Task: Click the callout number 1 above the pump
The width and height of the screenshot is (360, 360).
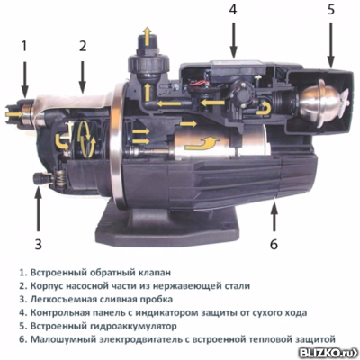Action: tap(24, 46)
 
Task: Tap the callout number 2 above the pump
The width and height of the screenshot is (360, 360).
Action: tap(83, 46)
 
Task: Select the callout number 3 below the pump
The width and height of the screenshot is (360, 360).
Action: tap(38, 244)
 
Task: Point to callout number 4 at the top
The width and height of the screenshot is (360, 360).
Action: tap(233, 9)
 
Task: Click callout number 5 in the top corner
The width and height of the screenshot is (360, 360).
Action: tap(330, 9)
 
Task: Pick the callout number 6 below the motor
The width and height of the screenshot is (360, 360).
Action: tap(274, 244)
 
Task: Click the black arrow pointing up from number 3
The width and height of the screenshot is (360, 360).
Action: tap(38, 209)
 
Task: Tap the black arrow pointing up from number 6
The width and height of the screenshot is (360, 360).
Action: tap(274, 217)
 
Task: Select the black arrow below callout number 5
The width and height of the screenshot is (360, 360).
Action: tap(330, 45)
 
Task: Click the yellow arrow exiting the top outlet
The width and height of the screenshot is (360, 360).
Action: tap(147, 36)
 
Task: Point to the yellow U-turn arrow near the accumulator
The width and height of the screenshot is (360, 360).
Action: tap(265, 108)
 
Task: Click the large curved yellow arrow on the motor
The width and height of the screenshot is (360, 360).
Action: tap(201, 143)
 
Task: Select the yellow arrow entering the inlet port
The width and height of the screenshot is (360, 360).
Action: tap(13, 114)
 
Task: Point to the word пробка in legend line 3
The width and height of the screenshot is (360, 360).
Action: tap(155, 300)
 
